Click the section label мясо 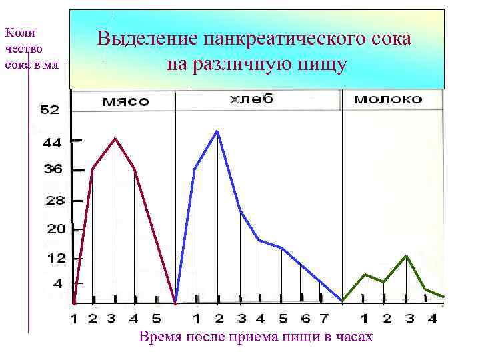125,101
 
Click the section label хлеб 252,99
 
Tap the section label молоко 388,99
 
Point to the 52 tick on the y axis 51,110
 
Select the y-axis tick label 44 52,142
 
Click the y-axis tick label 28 53,200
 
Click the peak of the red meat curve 115,139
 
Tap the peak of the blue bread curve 217,131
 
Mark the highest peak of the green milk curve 406,256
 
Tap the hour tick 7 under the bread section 324,319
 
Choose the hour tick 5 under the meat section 156,319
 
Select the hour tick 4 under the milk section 432,319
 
